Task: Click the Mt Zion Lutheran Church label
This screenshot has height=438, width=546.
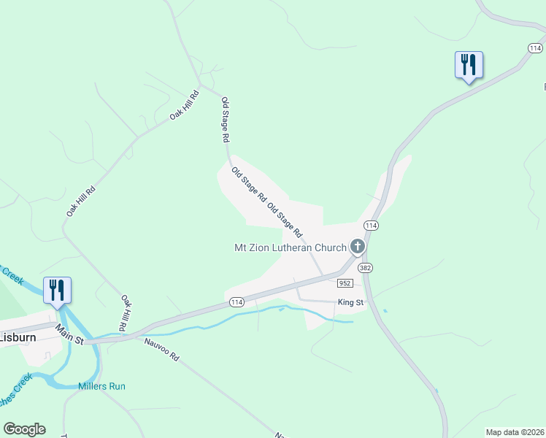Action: (290, 247)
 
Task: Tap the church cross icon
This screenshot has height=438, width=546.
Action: (358, 247)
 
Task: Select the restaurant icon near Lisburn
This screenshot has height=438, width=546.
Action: (57, 290)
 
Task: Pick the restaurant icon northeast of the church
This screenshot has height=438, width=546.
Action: (468, 64)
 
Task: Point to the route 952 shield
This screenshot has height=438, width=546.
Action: (346, 283)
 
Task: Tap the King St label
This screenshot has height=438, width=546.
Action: (350, 302)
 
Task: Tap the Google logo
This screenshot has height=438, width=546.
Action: (24, 429)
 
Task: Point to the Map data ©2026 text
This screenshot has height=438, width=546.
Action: (515, 432)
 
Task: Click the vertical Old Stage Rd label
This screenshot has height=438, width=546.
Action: (226, 119)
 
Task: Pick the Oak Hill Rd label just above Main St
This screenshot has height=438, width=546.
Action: (125, 312)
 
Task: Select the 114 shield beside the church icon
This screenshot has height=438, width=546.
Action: (372, 225)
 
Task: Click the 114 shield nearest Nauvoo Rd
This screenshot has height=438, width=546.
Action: (236, 301)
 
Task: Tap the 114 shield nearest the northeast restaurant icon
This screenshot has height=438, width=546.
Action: (534, 47)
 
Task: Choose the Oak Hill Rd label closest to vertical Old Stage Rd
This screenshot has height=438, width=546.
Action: (185, 105)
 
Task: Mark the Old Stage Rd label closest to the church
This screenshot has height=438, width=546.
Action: (285, 220)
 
